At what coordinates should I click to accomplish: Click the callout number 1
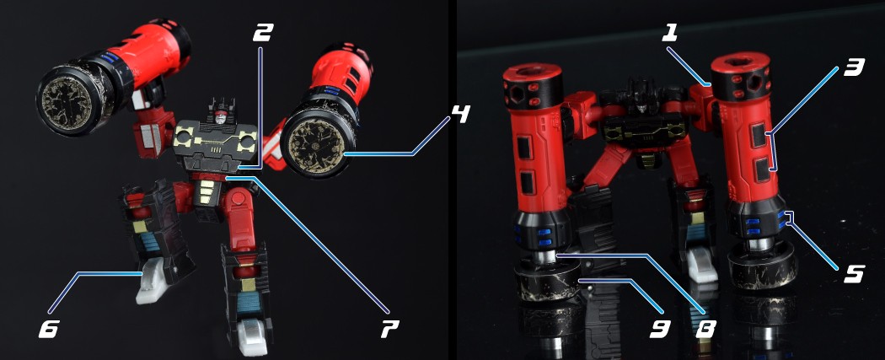669,35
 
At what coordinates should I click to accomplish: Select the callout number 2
262,33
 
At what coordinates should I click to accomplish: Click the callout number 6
48,329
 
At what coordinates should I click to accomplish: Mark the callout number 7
389,328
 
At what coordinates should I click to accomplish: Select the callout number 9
660,328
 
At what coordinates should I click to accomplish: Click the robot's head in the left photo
221,115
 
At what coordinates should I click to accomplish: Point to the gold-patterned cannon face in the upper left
68,103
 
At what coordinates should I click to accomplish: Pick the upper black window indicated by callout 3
759,135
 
